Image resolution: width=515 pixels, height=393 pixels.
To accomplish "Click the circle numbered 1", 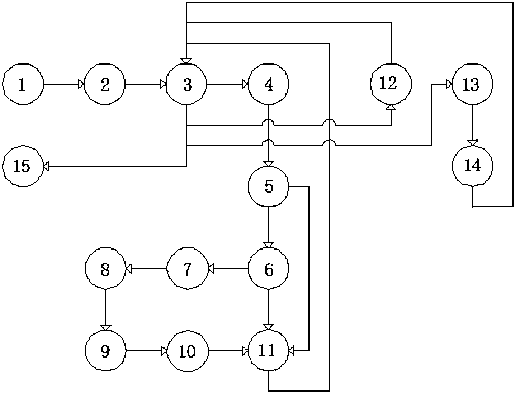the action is (x=23, y=84).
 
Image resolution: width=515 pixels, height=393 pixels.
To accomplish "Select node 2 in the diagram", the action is (x=105, y=84).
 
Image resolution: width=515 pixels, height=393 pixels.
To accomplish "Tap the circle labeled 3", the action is (x=186, y=84).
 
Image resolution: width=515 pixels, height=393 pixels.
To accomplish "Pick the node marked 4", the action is (x=268, y=84).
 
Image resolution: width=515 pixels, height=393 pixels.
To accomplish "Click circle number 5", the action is (x=268, y=187).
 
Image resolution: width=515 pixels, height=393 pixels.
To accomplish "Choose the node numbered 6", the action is (x=268, y=269).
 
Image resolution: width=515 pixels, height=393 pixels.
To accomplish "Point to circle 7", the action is (x=188, y=269).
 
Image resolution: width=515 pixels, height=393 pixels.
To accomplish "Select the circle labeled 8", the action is (x=105, y=269).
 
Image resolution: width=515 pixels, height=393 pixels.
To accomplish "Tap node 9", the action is (x=105, y=351).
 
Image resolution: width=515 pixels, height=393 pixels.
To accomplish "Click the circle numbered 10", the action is (x=188, y=351).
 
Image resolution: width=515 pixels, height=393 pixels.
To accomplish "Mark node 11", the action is (x=268, y=351).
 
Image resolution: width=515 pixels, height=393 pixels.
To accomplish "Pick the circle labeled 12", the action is (x=391, y=84).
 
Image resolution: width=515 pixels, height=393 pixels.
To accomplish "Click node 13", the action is (x=473, y=84).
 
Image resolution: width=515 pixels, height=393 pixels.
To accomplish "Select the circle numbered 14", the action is (x=473, y=166).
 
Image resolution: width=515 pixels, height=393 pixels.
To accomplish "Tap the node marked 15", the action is (x=23, y=166).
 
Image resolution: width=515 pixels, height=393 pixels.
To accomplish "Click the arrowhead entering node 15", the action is (x=46, y=166).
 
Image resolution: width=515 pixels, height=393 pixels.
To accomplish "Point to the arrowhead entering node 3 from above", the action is (x=186, y=61).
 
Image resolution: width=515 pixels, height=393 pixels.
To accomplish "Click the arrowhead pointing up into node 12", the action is (x=391, y=107).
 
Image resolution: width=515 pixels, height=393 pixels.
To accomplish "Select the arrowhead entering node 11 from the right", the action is (x=292, y=351).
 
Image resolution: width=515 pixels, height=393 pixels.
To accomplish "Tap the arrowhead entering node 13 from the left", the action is (x=449, y=84).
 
